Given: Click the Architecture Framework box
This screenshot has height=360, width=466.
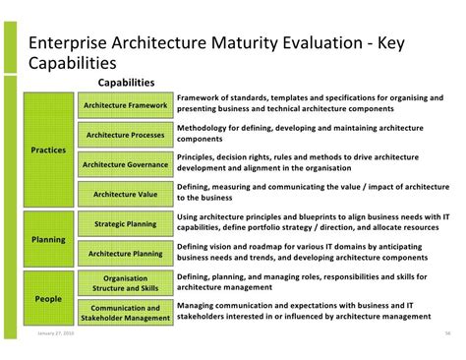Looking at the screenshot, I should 126,105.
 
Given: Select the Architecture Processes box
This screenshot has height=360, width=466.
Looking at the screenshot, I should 126,135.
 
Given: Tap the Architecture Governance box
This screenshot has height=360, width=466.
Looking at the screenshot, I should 126,164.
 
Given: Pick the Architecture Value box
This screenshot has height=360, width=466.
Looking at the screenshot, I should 126,194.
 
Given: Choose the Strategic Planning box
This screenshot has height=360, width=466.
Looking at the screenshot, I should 126,224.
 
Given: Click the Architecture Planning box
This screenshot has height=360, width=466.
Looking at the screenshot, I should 126,254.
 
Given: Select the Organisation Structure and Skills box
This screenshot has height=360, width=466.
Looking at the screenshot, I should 126,284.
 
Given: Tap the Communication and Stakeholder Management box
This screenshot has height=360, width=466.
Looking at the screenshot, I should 126,312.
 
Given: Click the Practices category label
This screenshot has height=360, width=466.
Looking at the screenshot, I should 48,150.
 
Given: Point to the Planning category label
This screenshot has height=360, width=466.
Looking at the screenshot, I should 48,239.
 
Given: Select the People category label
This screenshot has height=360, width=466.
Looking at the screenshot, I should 48,299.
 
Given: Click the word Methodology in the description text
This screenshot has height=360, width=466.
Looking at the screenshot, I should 205,129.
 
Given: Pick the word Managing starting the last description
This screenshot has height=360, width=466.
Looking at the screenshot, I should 200,306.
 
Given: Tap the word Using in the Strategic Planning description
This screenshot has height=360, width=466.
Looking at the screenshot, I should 189,217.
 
